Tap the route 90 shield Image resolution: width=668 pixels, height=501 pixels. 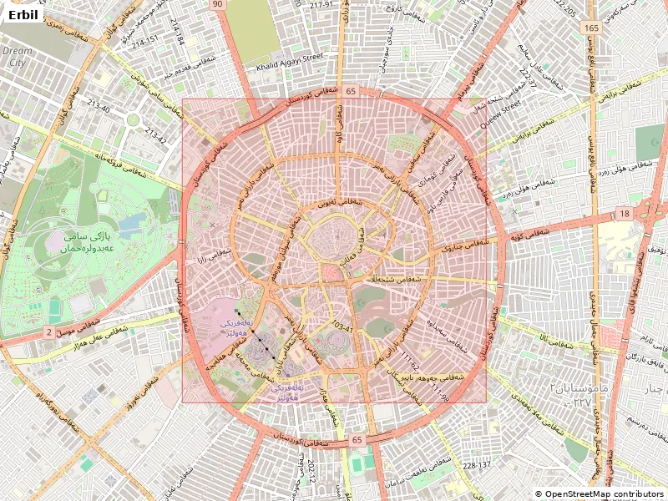click(x=218, y=5)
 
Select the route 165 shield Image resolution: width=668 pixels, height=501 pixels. click(x=592, y=28)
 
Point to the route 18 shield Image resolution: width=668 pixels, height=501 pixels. click(x=625, y=215)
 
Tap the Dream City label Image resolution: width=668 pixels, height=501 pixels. click(x=16, y=57)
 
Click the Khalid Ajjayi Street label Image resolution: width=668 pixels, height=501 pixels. click(x=290, y=58)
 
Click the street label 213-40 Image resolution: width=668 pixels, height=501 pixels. click(x=98, y=106)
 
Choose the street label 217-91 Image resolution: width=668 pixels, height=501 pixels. click(x=321, y=5)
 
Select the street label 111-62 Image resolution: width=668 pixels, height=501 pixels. click(x=408, y=361)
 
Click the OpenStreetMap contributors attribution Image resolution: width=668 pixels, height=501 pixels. click(x=600, y=494)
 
